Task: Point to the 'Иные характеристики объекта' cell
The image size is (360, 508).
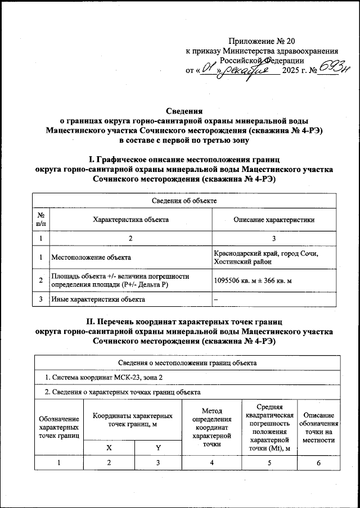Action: coord(98,299)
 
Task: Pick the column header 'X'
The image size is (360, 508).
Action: coord(110,448)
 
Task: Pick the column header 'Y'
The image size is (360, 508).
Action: coord(159,448)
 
